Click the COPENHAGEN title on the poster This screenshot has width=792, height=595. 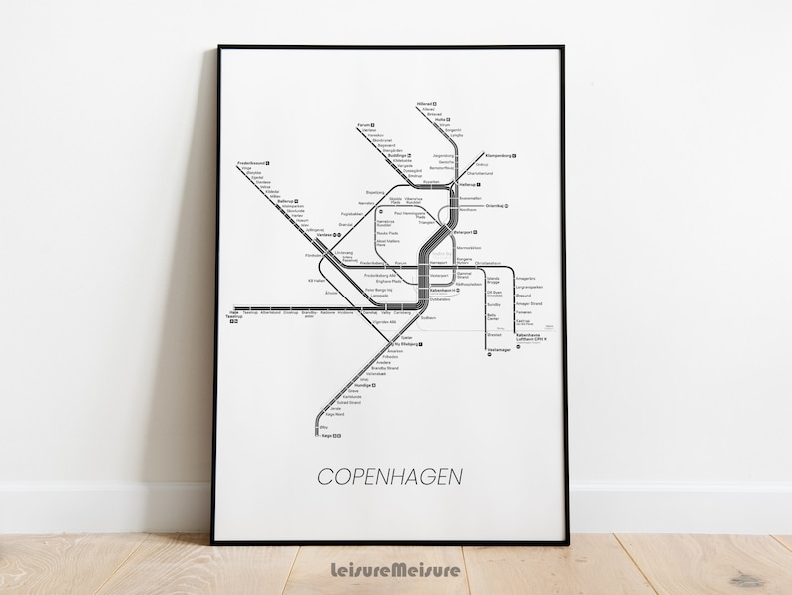(x=390, y=476)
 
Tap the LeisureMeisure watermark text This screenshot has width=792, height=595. (x=396, y=570)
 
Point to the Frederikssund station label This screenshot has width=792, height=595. (x=250, y=163)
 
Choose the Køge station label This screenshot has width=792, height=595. (x=326, y=435)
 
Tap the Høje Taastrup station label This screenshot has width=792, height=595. (x=234, y=314)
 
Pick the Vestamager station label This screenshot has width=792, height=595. (x=499, y=350)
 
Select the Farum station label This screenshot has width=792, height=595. (x=364, y=125)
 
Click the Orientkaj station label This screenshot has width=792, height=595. (x=496, y=206)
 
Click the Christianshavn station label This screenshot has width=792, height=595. (x=488, y=263)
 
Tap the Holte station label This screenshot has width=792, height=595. (x=439, y=119)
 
